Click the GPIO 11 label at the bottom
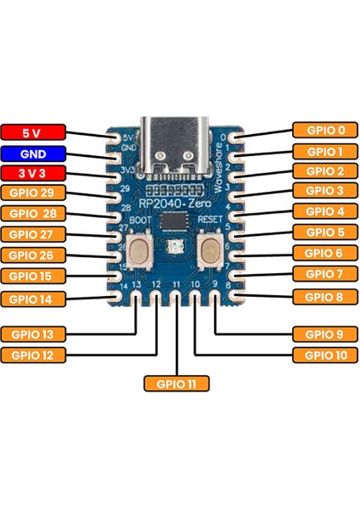tap(177, 383)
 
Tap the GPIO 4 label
tap(325, 211)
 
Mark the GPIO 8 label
tap(325, 296)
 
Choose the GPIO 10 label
tap(325, 355)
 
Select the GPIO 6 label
tap(325, 253)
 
